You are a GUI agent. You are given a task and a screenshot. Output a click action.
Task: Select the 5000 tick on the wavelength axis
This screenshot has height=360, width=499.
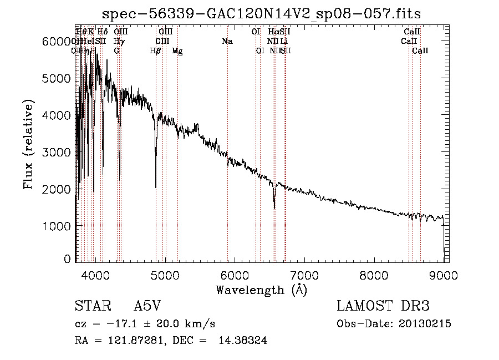[x=165, y=273]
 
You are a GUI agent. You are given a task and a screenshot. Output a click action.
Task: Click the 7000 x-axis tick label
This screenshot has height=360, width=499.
[x=304, y=273]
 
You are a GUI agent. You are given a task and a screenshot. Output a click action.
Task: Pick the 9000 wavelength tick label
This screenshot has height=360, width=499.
[x=444, y=273]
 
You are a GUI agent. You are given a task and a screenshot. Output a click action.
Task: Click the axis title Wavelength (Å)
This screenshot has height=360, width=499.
[x=261, y=290]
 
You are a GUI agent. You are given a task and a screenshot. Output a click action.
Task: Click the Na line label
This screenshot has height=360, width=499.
[x=227, y=42]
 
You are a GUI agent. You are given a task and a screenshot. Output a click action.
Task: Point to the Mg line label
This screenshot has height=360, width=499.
[x=177, y=51]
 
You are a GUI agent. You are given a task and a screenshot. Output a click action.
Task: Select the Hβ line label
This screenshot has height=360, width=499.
[x=156, y=51]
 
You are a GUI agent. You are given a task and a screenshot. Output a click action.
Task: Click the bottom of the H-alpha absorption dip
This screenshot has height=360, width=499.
[x=274, y=208]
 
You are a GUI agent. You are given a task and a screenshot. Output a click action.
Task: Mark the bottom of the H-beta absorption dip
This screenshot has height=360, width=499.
[x=156, y=187]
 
